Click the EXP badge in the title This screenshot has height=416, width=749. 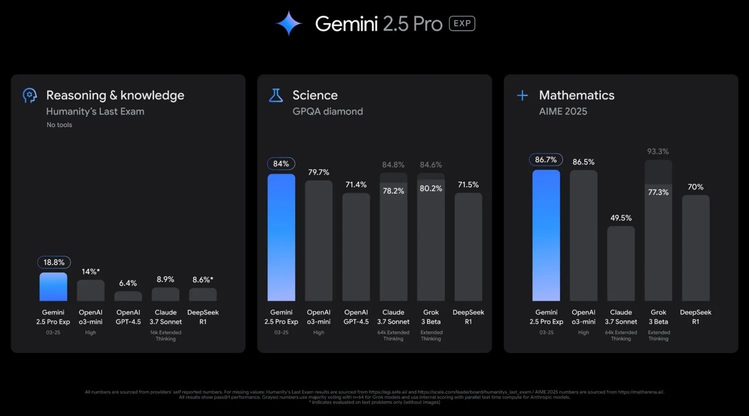pos(462,23)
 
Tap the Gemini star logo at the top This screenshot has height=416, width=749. pos(289,23)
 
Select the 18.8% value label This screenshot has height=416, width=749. pos(54,262)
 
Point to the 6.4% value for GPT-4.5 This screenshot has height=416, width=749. pos(128,283)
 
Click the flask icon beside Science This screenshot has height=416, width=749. pos(276,95)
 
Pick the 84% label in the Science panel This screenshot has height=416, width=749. pos(281,164)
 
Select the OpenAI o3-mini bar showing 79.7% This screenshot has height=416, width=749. pos(319,240)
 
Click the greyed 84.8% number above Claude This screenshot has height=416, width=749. pos(393,165)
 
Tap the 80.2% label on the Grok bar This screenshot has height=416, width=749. pos(431,188)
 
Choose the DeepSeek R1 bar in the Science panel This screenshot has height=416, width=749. pos(468,247)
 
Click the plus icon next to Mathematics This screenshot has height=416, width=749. pos(522,95)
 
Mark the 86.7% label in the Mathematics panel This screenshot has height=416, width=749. pos(546,160)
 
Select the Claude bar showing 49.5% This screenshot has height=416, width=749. pos(621,263)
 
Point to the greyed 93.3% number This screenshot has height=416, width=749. pos(658,151)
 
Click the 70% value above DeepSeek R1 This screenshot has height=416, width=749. pos(696,187)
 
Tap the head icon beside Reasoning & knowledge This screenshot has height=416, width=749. pos(30,95)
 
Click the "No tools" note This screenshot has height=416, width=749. pos(59,125)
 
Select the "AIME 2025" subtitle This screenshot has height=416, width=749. pos(563,111)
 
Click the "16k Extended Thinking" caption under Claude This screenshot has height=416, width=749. pos(166,336)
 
